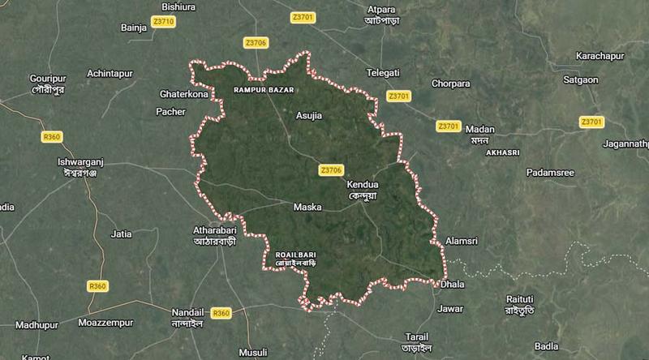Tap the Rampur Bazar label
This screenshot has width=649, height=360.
tap(262, 88)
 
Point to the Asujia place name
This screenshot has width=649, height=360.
tap(309, 115)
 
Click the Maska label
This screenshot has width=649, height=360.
tap(307, 208)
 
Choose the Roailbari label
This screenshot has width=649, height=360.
tap(293, 253)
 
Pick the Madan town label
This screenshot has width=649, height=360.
tap(480, 130)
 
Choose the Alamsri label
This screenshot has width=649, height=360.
tap(464, 242)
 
